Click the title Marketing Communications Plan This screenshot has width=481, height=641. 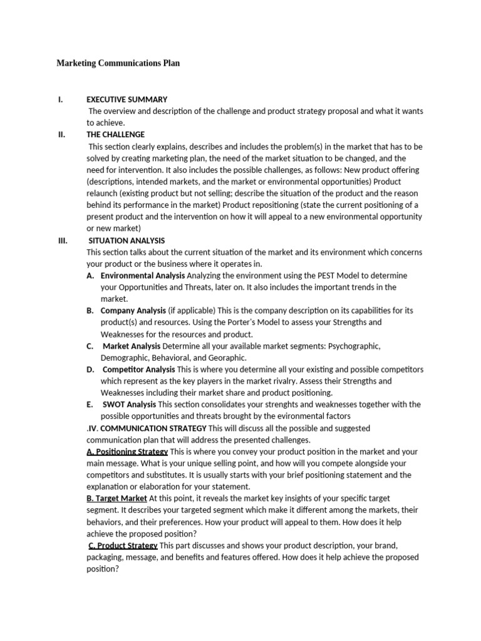[118, 63]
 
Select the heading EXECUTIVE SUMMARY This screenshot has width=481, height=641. [127, 99]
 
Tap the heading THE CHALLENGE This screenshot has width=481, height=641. [115, 135]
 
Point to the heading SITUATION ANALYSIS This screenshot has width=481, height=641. [127, 240]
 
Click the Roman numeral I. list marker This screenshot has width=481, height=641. [59, 99]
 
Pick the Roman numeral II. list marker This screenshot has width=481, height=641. [61, 135]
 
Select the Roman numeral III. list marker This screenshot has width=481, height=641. [62, 240]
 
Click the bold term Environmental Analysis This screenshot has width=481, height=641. [143, 275]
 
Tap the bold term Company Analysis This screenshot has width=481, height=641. [133, 310]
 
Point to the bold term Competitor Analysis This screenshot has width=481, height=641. [139, 369]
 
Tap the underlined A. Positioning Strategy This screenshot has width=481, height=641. [127, 452]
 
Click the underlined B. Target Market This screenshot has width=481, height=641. [117, 499]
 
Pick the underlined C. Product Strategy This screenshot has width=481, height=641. [123, 546]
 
